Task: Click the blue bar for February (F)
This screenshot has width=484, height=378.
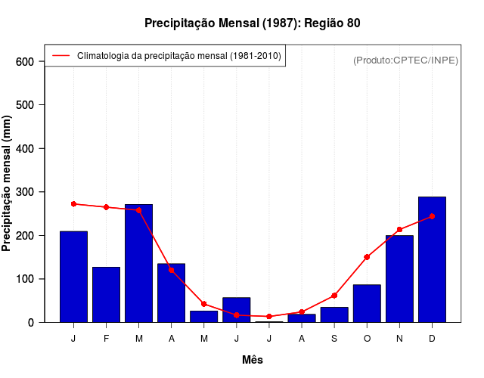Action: [106, 295]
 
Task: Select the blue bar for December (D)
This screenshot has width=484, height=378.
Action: [432, 259]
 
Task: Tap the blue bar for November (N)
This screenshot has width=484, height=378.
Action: [399, 279]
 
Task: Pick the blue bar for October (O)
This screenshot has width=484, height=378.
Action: [367, 303]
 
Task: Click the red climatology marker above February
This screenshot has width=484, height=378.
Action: [106, 207]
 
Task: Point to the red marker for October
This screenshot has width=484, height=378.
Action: [367, 257]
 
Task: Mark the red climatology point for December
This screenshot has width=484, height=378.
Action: [432, 216]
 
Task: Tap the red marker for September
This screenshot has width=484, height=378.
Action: [334, 296]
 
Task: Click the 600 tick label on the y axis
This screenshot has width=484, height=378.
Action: [26, 61]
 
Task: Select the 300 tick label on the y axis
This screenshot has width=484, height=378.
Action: [26, 192]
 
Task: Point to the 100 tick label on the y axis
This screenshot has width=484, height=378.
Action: [26, 279]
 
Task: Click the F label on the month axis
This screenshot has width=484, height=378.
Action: [106, 339]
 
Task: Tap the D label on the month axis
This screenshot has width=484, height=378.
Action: [432, 339]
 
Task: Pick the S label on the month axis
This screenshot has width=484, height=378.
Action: [334, 339]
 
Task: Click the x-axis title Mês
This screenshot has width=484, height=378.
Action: [253, 360]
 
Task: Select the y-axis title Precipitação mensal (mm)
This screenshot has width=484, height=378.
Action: [8, 189]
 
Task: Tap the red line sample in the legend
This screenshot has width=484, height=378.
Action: [60, 56]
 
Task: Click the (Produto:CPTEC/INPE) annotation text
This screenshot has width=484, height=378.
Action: [406, 60]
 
